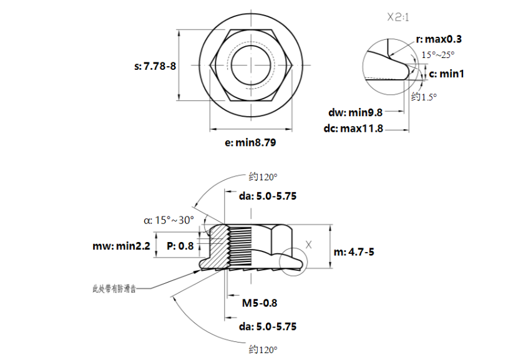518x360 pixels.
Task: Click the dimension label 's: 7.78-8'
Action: coord(155,66)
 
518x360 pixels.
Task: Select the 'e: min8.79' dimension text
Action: coord(250,143)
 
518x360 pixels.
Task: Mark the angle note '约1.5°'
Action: coord(424,97)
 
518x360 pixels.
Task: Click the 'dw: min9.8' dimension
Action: coord(355,112)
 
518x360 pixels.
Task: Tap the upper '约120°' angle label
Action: coord(262,176)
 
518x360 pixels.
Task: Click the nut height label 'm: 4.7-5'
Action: coord(355,252)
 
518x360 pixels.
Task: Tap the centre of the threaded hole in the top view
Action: coord(251,65)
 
